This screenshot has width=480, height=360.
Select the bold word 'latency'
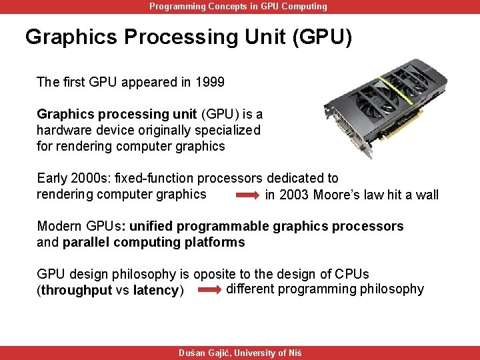coord(155,291)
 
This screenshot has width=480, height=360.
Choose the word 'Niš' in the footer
coord(294,353)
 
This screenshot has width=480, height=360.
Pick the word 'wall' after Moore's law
coord(427,195)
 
